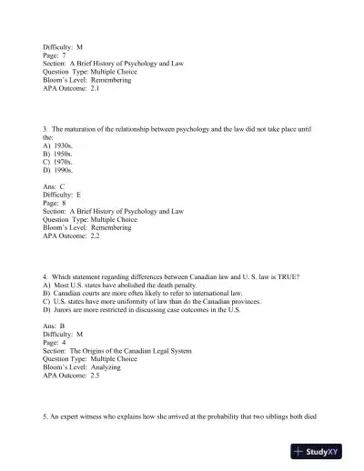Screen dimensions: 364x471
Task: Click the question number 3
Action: [45, 128]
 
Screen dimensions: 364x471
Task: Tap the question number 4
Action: [45, 275]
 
